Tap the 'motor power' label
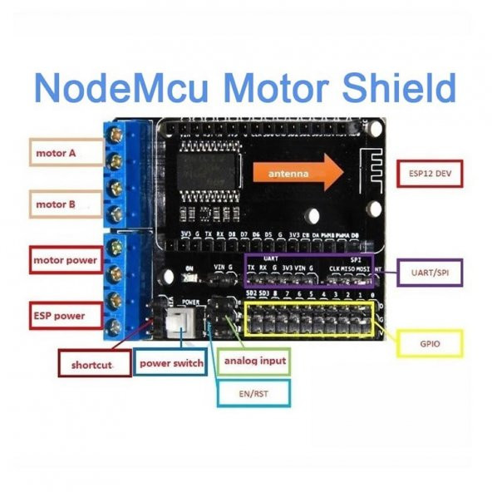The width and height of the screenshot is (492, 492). coord(65,261)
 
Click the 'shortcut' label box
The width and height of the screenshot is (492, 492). coord(95,363)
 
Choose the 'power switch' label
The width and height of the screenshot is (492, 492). coord(170,363)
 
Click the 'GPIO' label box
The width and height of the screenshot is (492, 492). coord(430,342)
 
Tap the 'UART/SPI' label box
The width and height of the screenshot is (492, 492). coord(430,272)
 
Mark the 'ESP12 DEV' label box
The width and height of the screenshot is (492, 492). coord(430,175)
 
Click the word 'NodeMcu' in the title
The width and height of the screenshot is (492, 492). coord(115,88)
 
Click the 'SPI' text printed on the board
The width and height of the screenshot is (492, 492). coord(347,258)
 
